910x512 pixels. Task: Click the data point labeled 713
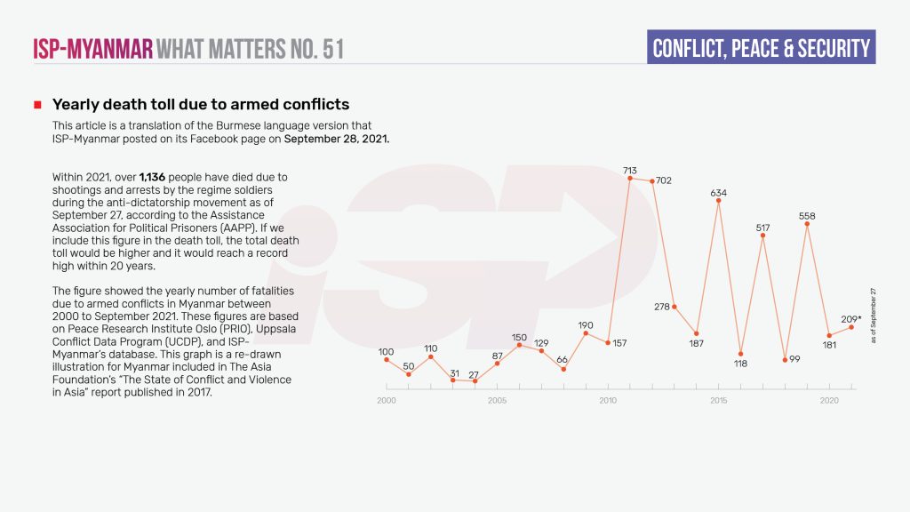[x=630, y=178]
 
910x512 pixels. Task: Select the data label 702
[x=663, y=180]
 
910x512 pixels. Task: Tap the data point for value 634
[x=719, y=200]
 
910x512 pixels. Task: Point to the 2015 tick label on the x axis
[x=719, y=401]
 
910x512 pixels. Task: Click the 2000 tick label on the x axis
[x=386, y=401]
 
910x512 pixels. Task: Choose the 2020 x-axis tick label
[x=829, y=401]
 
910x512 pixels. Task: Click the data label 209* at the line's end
[x=850, y=318]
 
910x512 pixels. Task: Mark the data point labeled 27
[x=475, y=381]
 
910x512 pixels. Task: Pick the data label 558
[x=807, y=216]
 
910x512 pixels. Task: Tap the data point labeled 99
[x=786, y=360]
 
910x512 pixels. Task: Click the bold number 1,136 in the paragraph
[x=154, y=177]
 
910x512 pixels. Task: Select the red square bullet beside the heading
[x=37, y=106]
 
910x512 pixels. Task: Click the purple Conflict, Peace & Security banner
[x=761, y=48]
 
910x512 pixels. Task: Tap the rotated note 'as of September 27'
[x=874, y=316]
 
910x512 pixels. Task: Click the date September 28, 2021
[x=337, y=140]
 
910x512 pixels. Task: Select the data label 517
[x=762, y=228]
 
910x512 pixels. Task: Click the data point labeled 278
[x=675, y=307]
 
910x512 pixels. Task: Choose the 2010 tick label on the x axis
[x=608, y=401]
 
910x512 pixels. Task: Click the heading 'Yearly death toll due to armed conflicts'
[x=201, y=105]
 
